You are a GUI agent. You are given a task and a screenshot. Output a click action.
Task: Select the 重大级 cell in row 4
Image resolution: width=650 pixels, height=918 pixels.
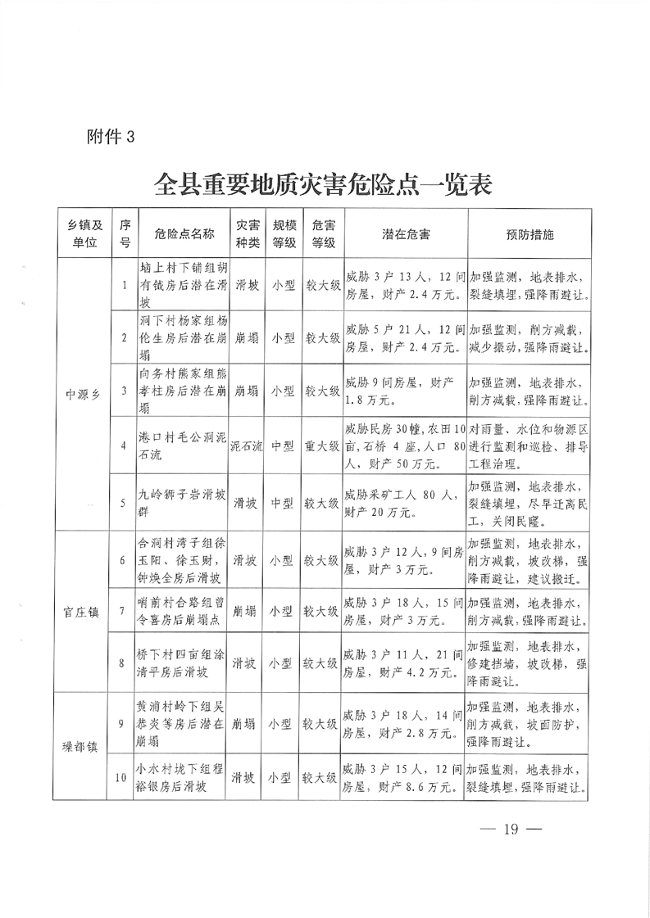pyautogui.click(x=322, y=446)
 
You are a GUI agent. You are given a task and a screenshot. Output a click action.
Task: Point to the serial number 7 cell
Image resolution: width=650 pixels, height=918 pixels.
pyautogui.click(x=122, y=610)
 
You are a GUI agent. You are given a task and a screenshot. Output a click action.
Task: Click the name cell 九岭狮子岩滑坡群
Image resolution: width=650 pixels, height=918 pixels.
pyautogui.click(x=182, y=502)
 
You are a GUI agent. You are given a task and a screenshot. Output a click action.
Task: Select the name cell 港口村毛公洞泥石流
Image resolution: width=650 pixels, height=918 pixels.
pyautogui.click(x=182, y=446)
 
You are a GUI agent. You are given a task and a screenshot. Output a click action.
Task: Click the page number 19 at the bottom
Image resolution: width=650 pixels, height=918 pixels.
pyautogui.click(x=512, y=830)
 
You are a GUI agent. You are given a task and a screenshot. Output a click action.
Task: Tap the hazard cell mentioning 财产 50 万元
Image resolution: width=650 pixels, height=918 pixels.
pyautogui.click(x=406, y=446)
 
